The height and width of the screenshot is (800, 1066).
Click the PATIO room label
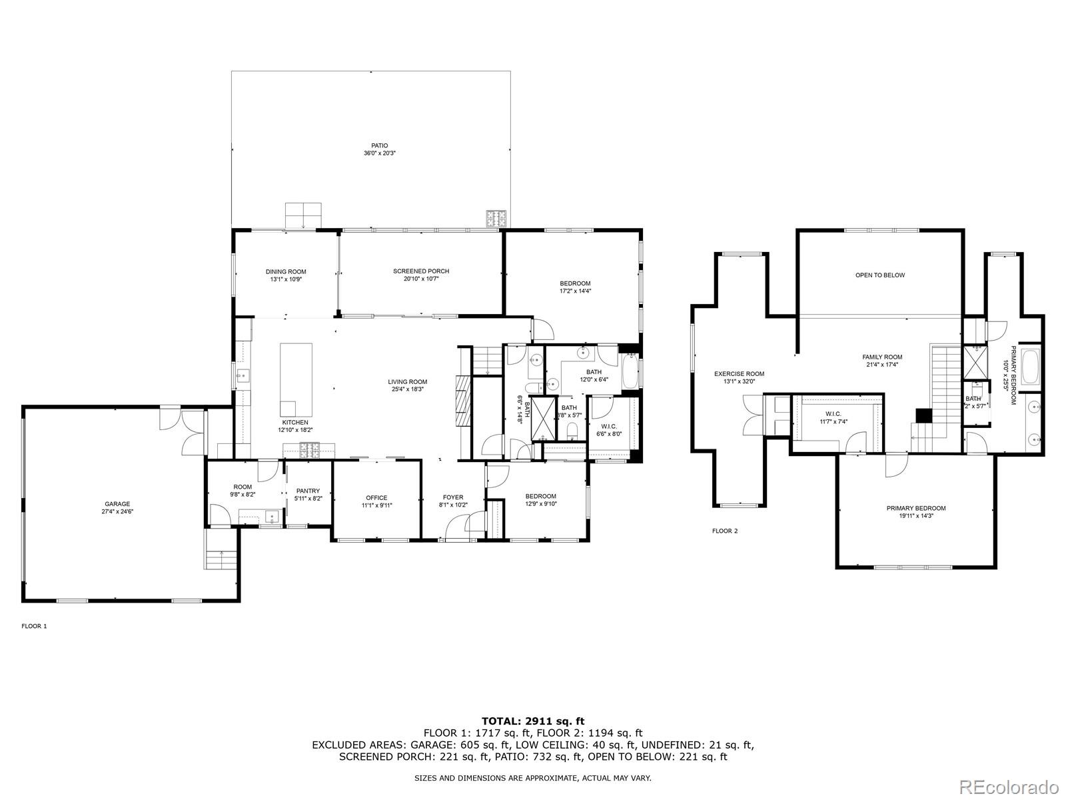pyautogui.click(x=379, y=145)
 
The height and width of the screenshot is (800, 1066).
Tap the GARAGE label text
pyautogui.click(x=117, y=504)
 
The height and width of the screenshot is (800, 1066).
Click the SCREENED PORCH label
pyautogui.click(x=421, y=271)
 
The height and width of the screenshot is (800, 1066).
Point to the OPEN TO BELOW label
pyautogui.click(x=880, y=275)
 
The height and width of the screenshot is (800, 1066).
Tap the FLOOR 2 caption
pyautogui.click(x=725, y=531)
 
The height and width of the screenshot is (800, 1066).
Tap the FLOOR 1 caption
pyautogui.click(x=35, y=626)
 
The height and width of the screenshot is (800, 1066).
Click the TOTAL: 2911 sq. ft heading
pyautogui.click(x=532, y=721)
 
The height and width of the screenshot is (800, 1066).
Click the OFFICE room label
pyautogui.click(x=376, y=498)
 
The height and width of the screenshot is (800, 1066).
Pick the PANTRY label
pyautogui.click(x=308, y=491)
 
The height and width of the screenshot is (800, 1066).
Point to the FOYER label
pyautogui.click(x=453, y=497)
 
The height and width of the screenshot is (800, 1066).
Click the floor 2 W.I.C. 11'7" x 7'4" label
pyautogui.click(x=833, y=421)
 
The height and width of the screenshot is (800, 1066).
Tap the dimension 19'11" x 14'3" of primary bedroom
pyautogui.click(x=916, y=515)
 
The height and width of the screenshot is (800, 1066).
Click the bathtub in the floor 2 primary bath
pyautogui.click(x=1030, y=367)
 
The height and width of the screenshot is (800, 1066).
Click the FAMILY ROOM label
pyautogui.click(x=882, y=357)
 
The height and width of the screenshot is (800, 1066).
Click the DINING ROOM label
pyautogui.click(x=286, y=271)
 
